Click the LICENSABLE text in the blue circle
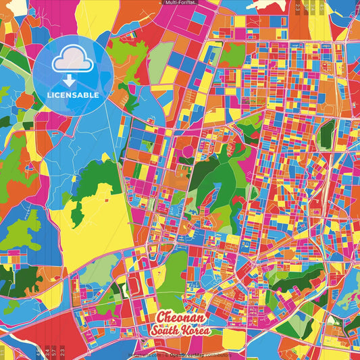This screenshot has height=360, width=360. (x=72, y=95)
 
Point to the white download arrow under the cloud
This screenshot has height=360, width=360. (x=72, y=79)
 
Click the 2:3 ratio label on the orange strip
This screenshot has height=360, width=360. (x=297, y=8)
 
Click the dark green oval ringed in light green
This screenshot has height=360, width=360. (x=327, y=133)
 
